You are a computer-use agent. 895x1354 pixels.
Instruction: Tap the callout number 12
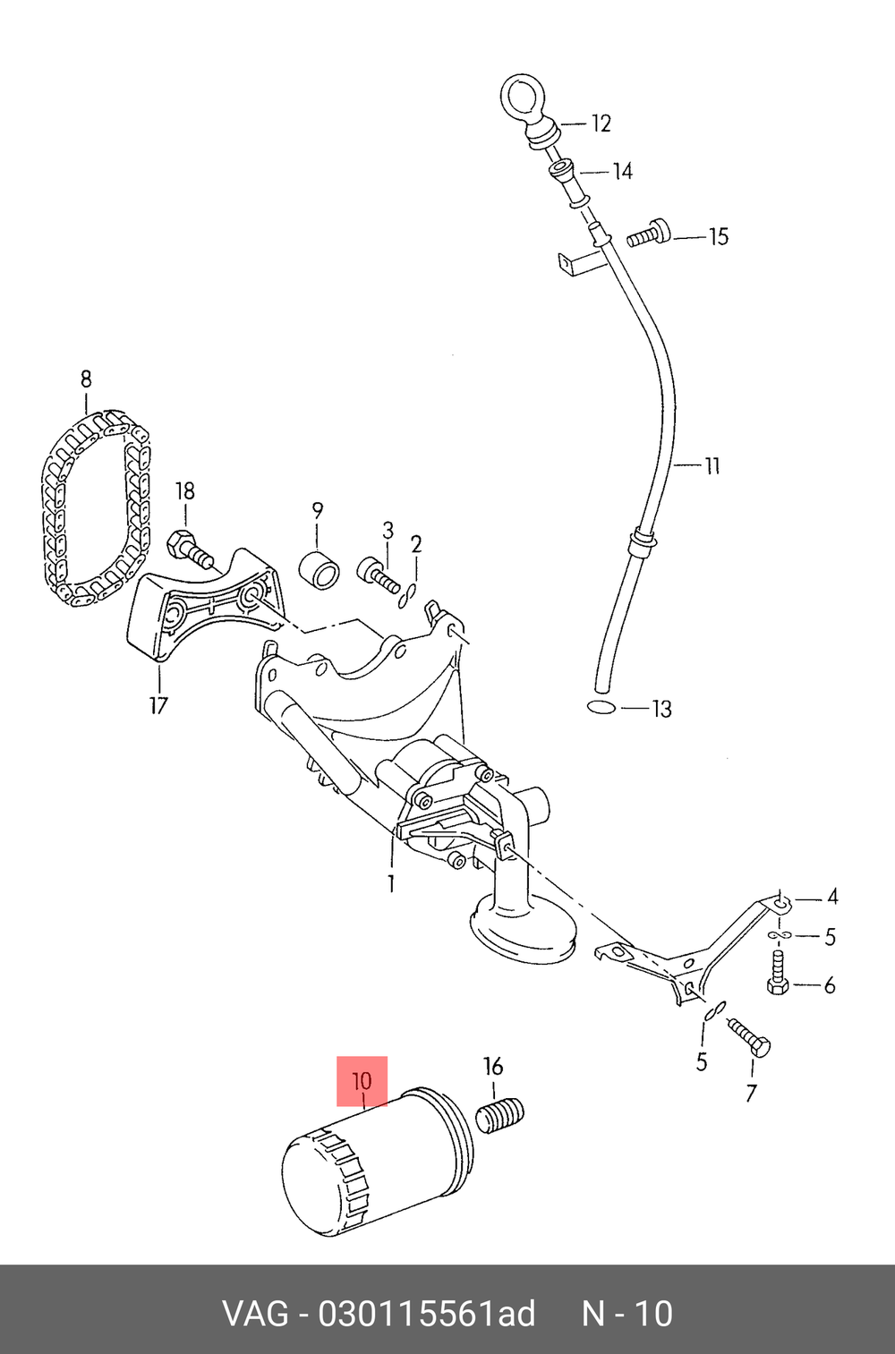tap(600, 123)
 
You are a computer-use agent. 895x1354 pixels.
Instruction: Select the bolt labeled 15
tap(649, 234)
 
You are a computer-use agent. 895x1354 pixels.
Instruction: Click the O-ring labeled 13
tap(602, 706)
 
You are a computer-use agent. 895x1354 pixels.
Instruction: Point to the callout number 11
tap(712, 465)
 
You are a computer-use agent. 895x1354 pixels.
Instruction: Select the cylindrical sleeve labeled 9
tap(320, 570)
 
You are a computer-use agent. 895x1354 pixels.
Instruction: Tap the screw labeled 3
tap(379, 575)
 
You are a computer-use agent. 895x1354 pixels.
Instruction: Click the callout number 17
tap(158, 705)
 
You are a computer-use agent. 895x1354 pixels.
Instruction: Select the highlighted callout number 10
tap(362, 1081)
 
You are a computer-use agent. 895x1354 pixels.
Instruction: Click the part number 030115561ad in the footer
tap(427, 1312)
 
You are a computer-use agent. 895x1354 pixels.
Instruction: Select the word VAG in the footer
tap(256, 1312)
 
